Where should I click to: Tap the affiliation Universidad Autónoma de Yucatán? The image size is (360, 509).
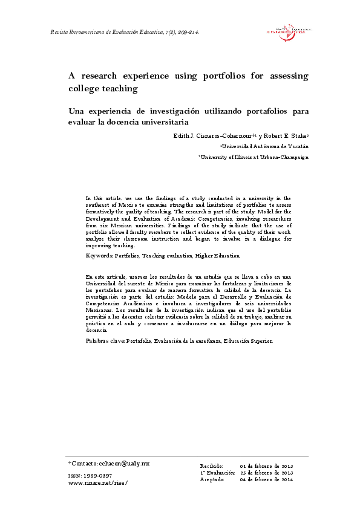(x=265, y=146)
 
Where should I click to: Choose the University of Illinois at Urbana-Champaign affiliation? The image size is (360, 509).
(x=254, y=157)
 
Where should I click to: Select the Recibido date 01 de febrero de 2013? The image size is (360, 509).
(x=266, y=467)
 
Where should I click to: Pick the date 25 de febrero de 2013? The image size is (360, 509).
(x=266, y=473)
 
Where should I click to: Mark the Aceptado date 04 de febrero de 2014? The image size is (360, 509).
(x=266, y=479)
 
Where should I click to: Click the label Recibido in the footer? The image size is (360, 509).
(x=212, y=467)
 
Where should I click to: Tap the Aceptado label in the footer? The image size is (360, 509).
(x=212, y=479)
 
